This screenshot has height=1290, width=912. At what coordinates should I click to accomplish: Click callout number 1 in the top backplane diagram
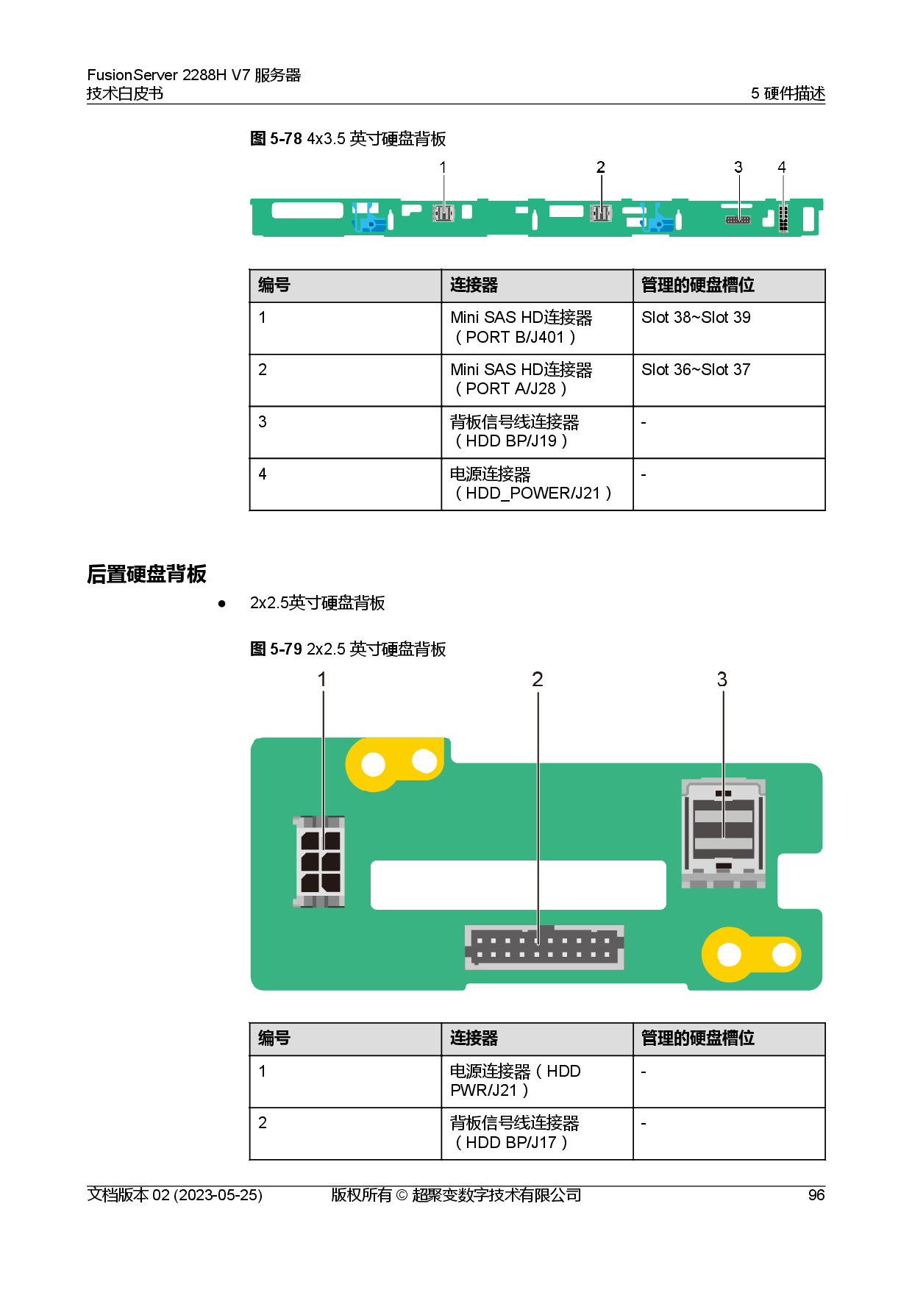pos(443,168)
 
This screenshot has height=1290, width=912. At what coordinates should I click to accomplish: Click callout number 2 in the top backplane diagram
pos(601,168)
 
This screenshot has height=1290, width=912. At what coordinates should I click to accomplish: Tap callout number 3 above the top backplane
pos(738,168)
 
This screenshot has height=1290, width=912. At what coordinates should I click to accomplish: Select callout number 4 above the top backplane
pos(782,168)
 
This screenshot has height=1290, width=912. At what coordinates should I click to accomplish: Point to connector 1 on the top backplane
pos(443,213)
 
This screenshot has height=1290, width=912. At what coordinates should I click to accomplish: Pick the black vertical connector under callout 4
pos(783,218)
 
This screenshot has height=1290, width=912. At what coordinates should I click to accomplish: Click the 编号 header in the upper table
pos(274,285)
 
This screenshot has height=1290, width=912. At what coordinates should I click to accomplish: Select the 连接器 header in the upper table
pos(474,285)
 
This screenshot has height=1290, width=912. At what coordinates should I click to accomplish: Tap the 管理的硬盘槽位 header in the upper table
pos(697,285)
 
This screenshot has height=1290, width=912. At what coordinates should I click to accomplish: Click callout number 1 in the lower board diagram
pos(321,680)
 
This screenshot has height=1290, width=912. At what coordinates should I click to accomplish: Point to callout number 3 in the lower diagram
pos(722,680)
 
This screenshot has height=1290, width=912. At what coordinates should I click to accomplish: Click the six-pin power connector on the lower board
pos(320,861)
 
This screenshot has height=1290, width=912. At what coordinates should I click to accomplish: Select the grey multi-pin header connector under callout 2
pos(544,947)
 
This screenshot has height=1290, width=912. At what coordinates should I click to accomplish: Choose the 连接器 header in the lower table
pos(474,1038)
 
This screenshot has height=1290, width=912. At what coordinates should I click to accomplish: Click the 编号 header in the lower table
pos(274,1038)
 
